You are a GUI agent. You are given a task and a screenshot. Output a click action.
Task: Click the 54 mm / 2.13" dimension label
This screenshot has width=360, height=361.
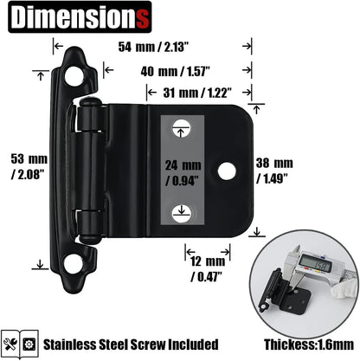(150, 48)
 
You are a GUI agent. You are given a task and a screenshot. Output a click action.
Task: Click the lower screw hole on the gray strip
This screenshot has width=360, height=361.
(182, 210)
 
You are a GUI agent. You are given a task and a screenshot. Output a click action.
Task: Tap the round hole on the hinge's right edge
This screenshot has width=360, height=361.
(226, 171)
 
